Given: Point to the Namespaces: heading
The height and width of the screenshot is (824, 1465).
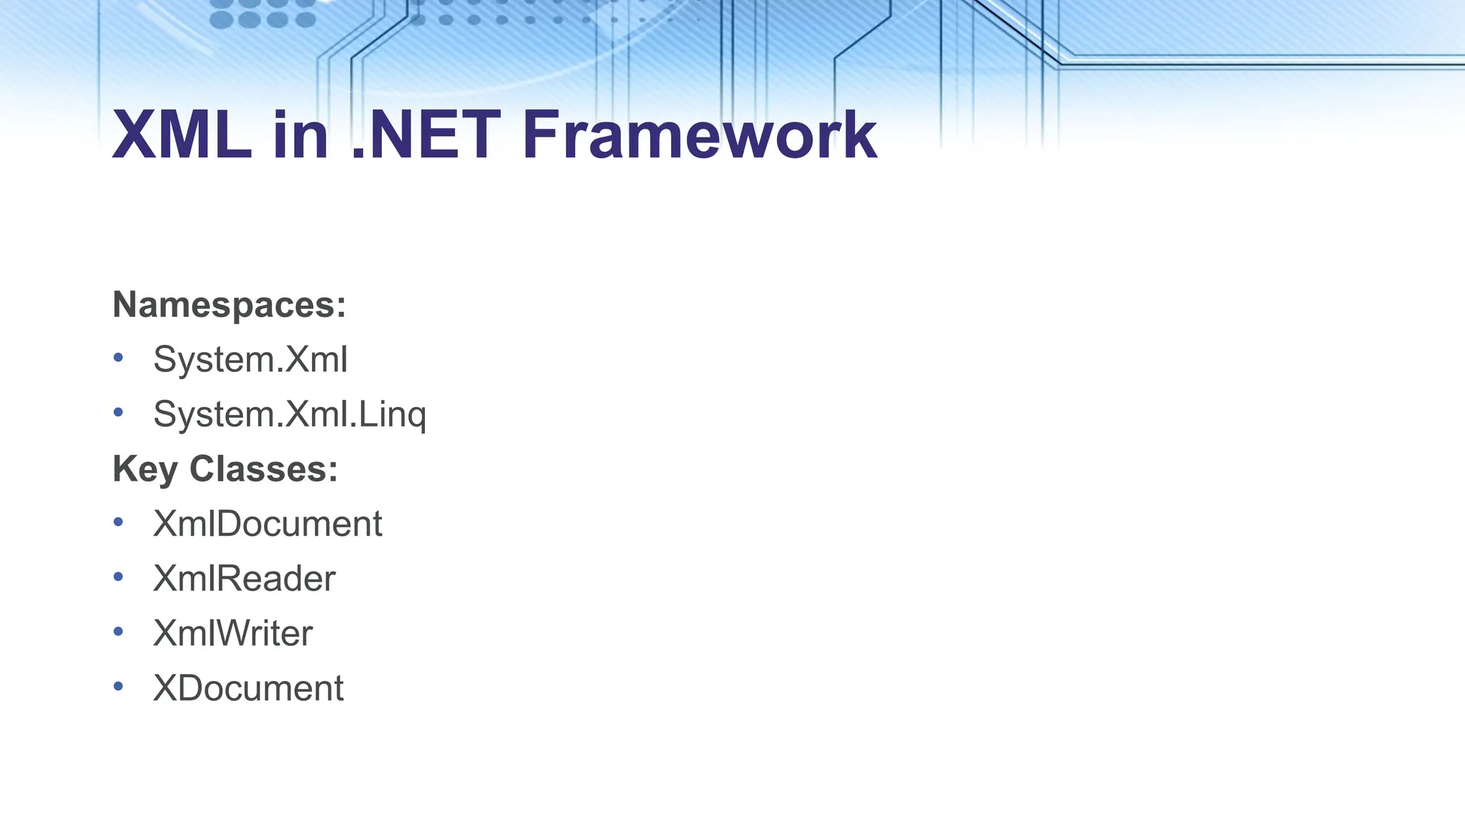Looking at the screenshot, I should (229, 305).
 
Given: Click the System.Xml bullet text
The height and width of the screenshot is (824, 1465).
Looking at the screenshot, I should (250, 359).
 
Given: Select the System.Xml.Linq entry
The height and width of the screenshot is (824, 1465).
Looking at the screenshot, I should (290, 414).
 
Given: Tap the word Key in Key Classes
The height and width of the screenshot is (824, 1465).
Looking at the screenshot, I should (144, 470).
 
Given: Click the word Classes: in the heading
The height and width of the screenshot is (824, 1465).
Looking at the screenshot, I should (263, 469).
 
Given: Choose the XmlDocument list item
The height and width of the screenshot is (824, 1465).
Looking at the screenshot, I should (268, 524).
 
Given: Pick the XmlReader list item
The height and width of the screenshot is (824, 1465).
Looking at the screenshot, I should (244, 579).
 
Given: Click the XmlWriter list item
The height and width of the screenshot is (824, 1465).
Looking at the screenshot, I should (232, 633).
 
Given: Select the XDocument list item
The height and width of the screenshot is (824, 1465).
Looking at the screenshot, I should (248, 688).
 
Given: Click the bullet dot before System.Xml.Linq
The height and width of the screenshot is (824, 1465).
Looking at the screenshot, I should (118, 412).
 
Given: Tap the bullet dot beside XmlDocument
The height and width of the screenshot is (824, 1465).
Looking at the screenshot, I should (118, 522).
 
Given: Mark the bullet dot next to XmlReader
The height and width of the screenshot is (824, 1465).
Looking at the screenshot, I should (118, 577).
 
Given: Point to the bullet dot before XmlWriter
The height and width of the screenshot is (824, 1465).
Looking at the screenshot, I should (118, 632).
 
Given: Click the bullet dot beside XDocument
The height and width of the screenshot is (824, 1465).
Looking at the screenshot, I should (118, 687).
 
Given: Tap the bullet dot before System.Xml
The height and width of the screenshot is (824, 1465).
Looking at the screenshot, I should (118, 357).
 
